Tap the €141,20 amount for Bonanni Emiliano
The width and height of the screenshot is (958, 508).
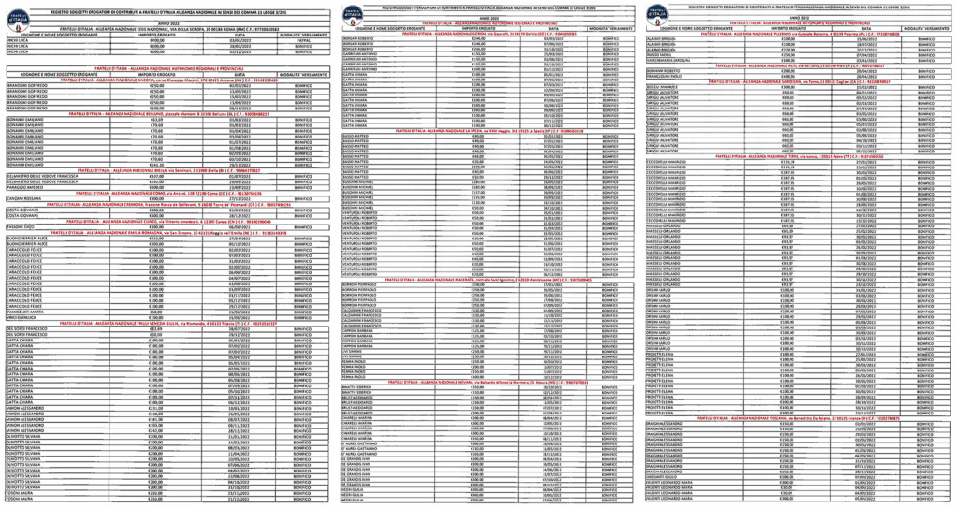pyautogui.click(x=157, y=164)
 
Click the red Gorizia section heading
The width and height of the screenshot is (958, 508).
pyautogui.click(x=476, y=33)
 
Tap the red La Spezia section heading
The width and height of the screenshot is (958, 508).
pyautogui.click(x=476, y=130)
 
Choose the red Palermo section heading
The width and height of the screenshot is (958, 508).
pyautogui.click(x=795, y=33)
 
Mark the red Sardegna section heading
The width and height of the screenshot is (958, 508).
pyautogui.click(x=795, y=81)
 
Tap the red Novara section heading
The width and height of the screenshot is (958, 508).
pyautogui.click(x=476, y=384)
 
